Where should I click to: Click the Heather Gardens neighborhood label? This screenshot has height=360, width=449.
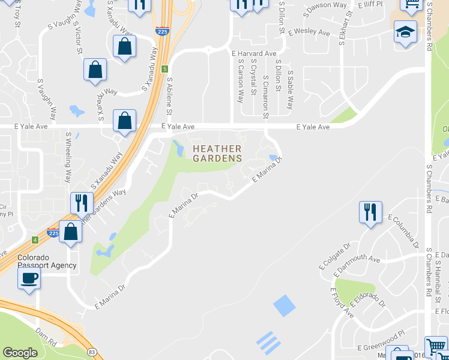217,154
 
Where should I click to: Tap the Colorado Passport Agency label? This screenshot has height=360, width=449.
47,261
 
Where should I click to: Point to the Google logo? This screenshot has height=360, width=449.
20,353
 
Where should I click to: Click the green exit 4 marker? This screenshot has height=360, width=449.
35,240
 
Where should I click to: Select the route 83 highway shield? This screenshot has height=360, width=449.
91,352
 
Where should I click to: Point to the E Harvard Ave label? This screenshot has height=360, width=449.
254,53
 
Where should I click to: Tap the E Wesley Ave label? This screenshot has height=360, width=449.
309,32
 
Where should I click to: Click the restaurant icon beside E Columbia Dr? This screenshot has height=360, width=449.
369,212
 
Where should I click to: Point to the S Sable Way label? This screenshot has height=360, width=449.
290,90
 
